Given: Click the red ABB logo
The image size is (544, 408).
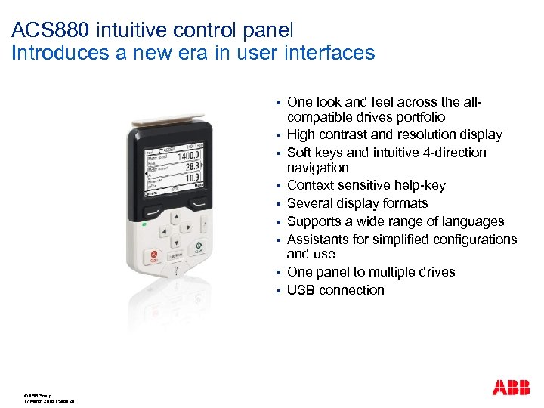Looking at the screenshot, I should (511, 388).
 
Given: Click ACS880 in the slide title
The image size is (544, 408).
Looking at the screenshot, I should (44, 31).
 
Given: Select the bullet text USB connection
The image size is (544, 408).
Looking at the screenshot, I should (335, 290).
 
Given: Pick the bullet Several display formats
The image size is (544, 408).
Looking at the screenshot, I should (357, 203).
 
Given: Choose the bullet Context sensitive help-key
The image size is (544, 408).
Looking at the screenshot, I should (366, 185).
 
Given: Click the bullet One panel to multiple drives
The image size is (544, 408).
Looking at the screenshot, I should (371, 272).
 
